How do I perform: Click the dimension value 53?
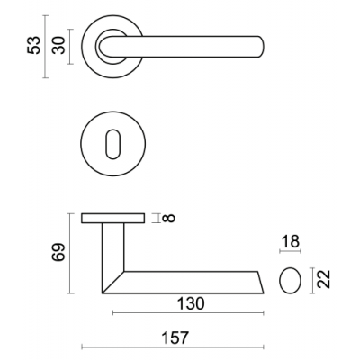tap(33, 45)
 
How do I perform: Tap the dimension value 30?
tap(58, 45)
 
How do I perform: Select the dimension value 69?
tap(58, 252)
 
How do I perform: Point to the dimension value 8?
tap(168, 218)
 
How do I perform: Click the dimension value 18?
tap(291, 241)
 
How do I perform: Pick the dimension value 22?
tap(324, 279)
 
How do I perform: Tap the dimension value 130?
tap(191, 303)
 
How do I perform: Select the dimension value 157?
tap(175, 337)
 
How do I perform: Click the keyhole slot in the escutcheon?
tap(113, 144)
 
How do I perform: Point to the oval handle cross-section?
tap(290, 280)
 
